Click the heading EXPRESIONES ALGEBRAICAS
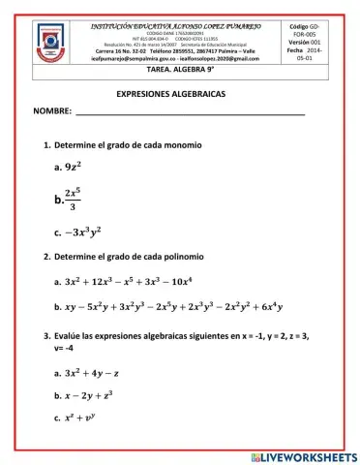(179, 99)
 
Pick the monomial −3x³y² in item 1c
(90, 232)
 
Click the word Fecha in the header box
(295, 50)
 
